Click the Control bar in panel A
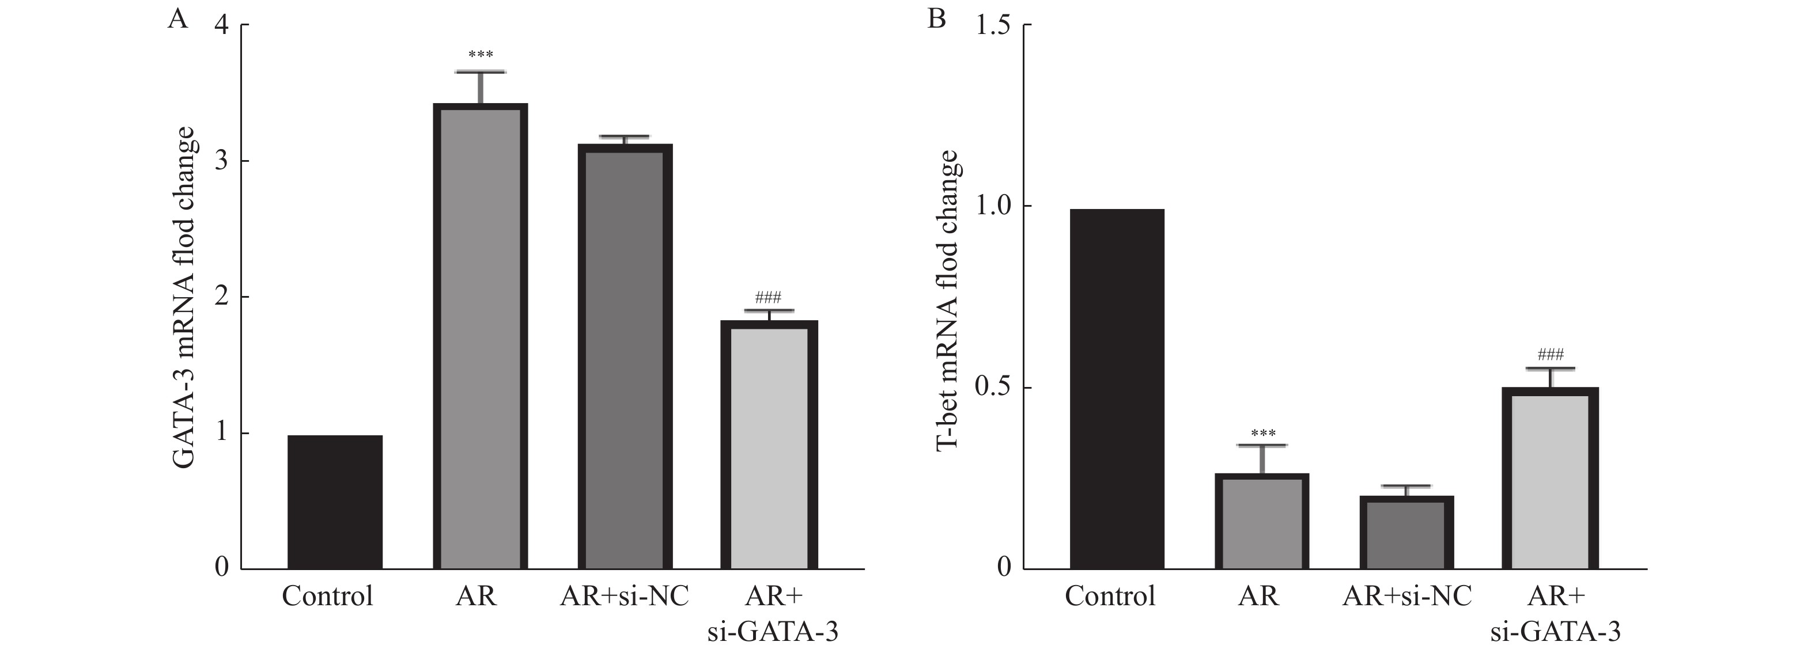click(x=335, y=502)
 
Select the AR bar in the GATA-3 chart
click(x=480, y=336)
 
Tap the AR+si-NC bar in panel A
click(x=625, y=356)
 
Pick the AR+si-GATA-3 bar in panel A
click(x=769, y=445)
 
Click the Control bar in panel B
click(x=1117, y=389)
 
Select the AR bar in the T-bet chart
click(x=1261, y=521)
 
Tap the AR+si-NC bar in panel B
click(x=1406, y=533)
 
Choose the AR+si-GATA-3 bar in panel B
click(x=1550, y=479)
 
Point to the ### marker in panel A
click(x=768, y=297)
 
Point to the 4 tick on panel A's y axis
click(x=222, y=25)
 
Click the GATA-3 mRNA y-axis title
click(x=184, y=297)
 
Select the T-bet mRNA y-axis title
click(x=947, y=299)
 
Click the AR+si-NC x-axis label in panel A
click(x=624, y=597)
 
